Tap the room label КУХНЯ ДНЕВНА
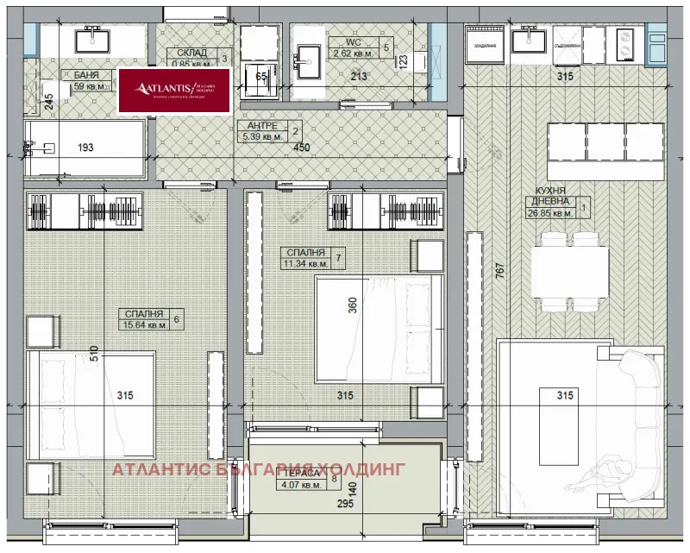[x=549, y=196]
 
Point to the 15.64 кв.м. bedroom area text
[x=144, y=325]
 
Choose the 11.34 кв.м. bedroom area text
[x=305, y=263]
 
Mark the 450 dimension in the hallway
[x=301, y=148]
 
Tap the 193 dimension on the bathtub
[x=85, y=148]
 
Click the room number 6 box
[x=177, y=319]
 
